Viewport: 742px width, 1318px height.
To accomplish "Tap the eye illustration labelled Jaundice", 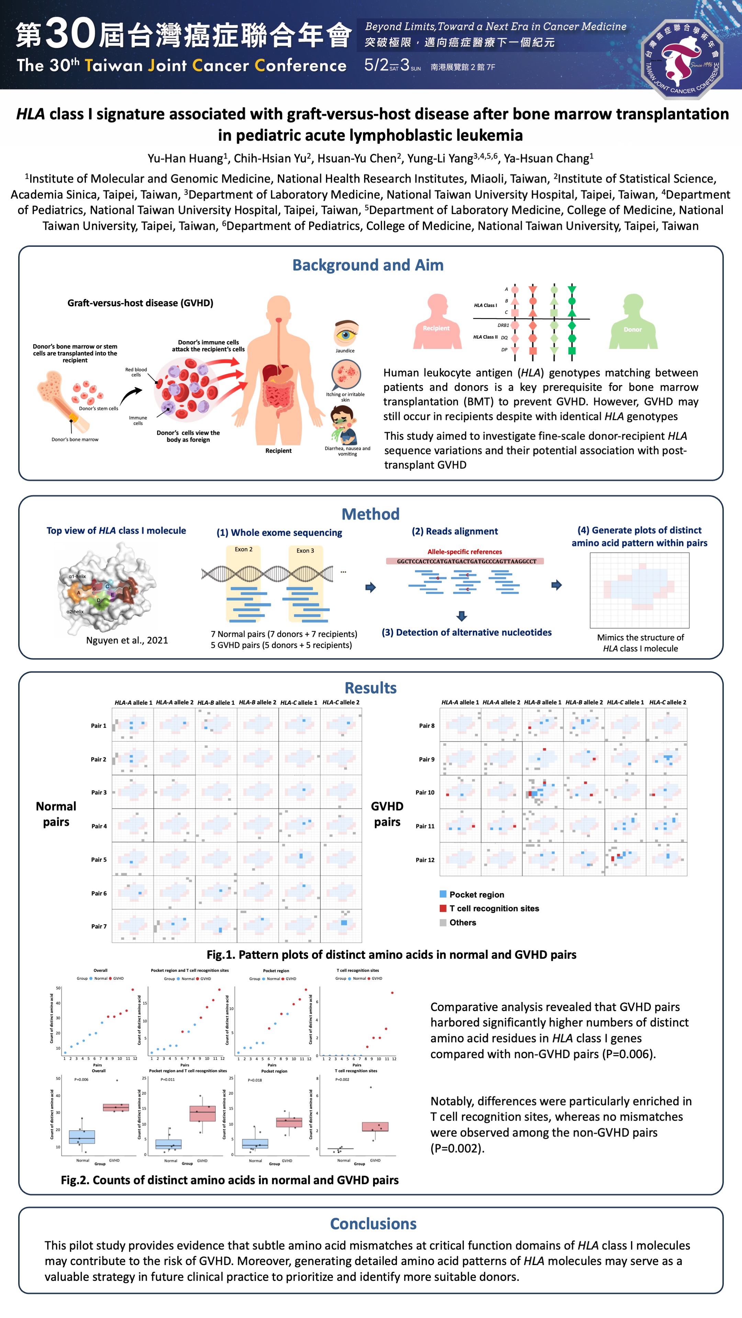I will (x=346, y=333).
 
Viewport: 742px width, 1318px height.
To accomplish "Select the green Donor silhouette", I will (x=633, y=322).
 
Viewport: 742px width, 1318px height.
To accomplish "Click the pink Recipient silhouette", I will (x=437, y=322).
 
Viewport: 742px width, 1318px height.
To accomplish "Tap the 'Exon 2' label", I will (x=244, y=549).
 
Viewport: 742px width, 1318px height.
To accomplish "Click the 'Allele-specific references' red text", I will (x=464, y=551).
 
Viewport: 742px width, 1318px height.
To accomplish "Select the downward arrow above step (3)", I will (x=461, y=615).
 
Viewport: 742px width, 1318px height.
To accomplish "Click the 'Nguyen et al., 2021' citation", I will (x=127, y=640).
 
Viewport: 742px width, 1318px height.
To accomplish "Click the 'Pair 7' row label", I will (x=99, y=926).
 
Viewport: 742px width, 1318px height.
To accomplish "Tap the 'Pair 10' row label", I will (x=425, y=792).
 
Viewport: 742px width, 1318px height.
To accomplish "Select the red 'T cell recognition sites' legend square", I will (x=443, y=908).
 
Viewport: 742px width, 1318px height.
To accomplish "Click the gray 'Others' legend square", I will (x=443, y=922).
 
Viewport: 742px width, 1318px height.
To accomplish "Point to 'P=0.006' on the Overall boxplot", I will (x=81, y=1079).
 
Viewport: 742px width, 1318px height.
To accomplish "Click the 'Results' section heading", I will (x=370, y=688).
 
